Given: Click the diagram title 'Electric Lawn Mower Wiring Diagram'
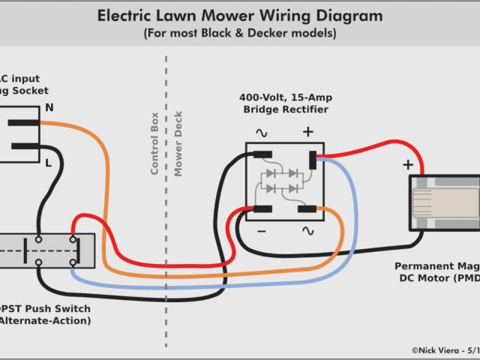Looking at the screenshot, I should (x=240, y=16).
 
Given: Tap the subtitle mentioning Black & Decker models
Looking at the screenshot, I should (x=240, y=34).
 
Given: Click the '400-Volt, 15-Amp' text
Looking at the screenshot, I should (x=286, y=97).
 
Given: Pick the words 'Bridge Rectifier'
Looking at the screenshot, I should (x=286, y=110).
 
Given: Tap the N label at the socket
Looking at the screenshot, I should (x=49, y=108).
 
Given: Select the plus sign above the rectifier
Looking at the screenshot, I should (x=307, y=132).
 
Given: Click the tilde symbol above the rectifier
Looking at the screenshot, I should (x=262, y=133).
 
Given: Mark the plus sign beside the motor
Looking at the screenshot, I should (x=408, y=164).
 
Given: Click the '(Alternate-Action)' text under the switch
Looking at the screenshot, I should (x=45, y=321).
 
